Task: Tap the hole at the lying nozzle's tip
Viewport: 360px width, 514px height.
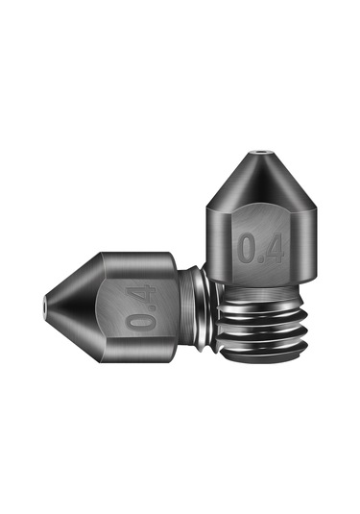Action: pyautogui.click(x=48, y=307)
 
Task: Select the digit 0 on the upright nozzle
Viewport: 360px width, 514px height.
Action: pyautogui.click(x=248, y=247)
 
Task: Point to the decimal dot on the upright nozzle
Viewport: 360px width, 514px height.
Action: pyautogui.click(x=260, y=259)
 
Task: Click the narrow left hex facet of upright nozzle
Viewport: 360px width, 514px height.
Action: pyautogui.click(x=217, y=240)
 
